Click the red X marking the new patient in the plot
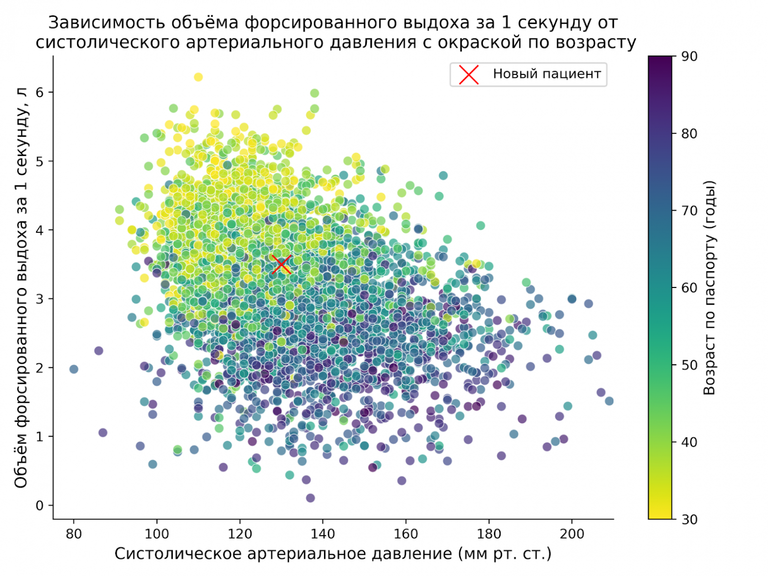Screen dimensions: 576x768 pos(281,264)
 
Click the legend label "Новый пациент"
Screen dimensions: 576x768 pos(546,74)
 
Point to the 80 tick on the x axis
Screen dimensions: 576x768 pos(74,534)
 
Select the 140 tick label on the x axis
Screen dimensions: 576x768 pos(323,534)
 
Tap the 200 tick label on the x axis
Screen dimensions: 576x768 pos(572,534)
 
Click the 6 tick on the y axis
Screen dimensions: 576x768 pos(39,93)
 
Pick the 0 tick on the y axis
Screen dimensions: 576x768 pos(39,506)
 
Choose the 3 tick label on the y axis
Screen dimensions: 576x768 pos(39,299)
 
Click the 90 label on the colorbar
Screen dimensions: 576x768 pos(689,57)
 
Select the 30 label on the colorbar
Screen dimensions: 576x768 pos(689,519)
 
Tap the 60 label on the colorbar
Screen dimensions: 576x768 pos(689,288)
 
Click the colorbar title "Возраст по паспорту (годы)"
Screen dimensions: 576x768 pos(709,288)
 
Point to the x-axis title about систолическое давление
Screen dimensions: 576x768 pos(333,554)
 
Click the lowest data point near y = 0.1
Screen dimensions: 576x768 pos(310,498)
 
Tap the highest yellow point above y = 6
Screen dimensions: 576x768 pos(198,77)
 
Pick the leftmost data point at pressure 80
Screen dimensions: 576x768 pos(74,369)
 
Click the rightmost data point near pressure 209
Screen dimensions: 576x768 pos(609,401)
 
